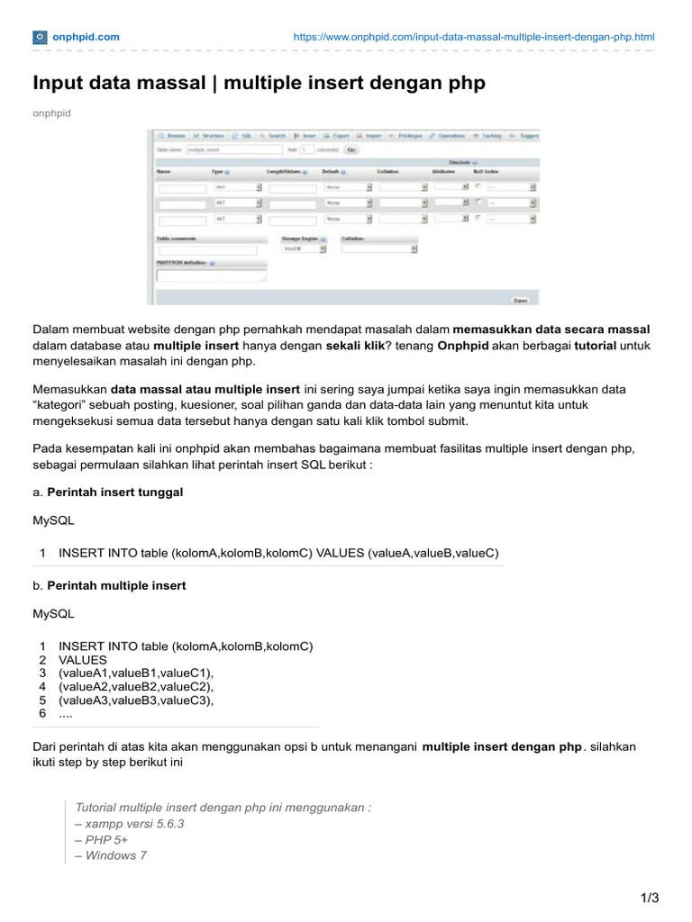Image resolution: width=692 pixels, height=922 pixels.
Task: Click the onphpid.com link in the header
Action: click(x=86, y=37)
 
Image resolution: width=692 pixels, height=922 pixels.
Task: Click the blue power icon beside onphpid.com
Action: click(x=41, y=37)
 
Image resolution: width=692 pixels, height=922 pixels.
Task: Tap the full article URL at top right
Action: click(x=475, y=37)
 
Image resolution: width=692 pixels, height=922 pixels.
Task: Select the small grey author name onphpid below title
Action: click(x=51, y=113)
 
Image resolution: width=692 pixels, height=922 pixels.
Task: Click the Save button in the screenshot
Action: click(x=520, y=300)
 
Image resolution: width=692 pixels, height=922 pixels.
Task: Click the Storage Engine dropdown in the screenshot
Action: click(x=301, y=249)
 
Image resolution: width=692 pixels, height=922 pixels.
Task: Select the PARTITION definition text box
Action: click(x=211, y=276)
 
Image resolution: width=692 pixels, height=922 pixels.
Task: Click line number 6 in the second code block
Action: click(x=41, y=713)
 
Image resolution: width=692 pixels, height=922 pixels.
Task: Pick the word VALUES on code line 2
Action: click(x=83, y=659)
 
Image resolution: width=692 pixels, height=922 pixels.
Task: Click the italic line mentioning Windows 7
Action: click(x=112, y=855)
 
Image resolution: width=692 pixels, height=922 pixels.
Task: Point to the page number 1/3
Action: click(x=649, y=898)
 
